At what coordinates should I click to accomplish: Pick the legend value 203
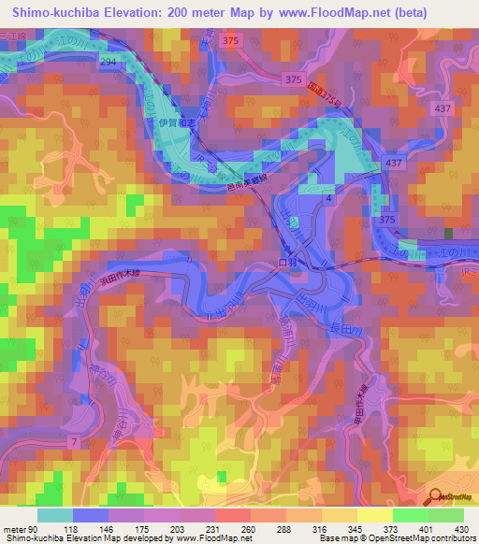click(179, 528)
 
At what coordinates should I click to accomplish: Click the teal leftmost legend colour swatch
click(55, 515)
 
